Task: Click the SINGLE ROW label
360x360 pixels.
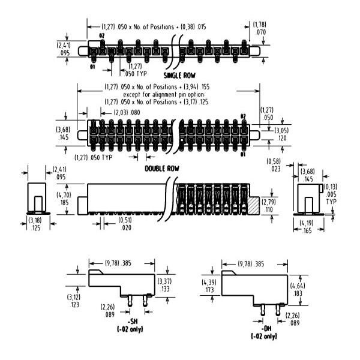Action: click(x=182, y=76)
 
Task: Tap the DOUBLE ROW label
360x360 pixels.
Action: click(x=163, y=169)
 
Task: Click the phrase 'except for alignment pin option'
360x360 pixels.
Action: click(x=163, y=95)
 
